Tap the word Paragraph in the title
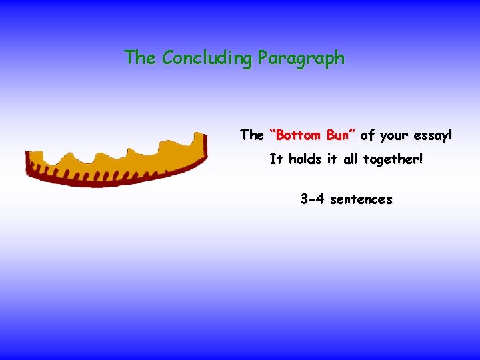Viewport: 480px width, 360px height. click(x=301, y=59)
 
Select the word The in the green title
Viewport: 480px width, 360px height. click(x=140, y=57)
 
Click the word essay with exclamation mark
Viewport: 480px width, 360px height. click(x=432, y=136)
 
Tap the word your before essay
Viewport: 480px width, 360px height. click(x=393, y=136)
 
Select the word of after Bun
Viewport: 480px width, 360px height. click(x=367, y=135)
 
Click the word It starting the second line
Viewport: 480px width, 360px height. click(x=276, y=160)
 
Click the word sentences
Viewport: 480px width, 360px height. click(x=361, y=199)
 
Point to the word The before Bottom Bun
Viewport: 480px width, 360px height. click(x=252, y=135)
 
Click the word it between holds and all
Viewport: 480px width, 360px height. click(x=331, y=160)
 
